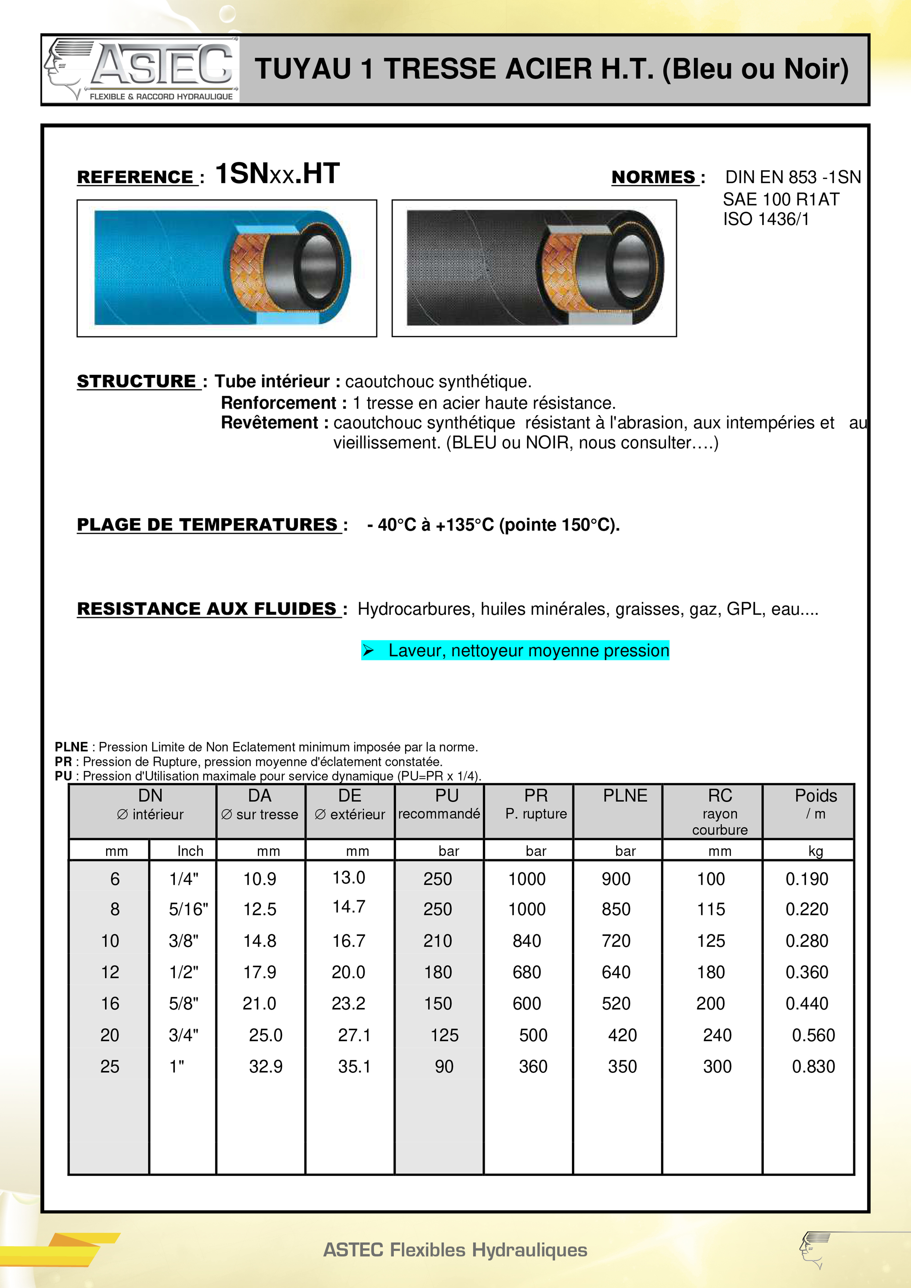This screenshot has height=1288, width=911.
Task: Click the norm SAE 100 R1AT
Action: pyautogui.click(x=781, y=199)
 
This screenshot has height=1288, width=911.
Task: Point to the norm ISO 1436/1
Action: pyautogui.click(x=766, y=219)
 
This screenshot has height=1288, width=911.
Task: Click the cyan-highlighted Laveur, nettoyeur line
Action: pyautogui.click(x=515, y=650)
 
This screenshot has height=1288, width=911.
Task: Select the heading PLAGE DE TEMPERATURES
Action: pyautogui.click(x=208, y=525)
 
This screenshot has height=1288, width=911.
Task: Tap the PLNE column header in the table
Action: pyautogui.click(x=625, y=796)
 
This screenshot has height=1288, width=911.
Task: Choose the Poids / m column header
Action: pyautogui.click(x=815, y=804)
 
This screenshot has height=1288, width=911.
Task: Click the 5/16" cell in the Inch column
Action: pyautogui.click(x=188, y=909)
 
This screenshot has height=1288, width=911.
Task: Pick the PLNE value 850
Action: pyautogui.click(x=616, y=909)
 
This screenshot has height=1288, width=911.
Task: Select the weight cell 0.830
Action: pyautogui.click(x=813, y=1066)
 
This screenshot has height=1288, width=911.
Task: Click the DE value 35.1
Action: pyautogui.click(x=354, y=1066)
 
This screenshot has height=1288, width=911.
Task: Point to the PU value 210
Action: pyautogui.click(x=438, y=941)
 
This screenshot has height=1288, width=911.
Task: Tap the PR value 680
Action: pyautogui.click(x=526, y=972)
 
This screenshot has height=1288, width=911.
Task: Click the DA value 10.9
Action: pyautogui.click(x=259, y=879)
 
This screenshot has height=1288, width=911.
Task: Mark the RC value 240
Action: pyautogui.click(x=717, y=1035)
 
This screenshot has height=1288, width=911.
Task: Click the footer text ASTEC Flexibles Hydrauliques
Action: pyautogui.click(x=455, y=1250)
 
